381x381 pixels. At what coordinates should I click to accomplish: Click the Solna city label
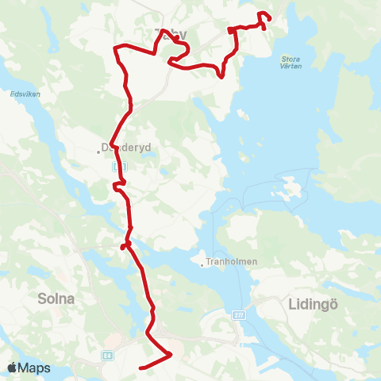pyautogui.click(x=55, y=299)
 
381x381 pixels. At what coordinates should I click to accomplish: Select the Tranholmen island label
pyautogui.click(x=227, y=260)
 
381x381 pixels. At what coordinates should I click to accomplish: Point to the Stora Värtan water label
pyautogui.click(x=296, y=63)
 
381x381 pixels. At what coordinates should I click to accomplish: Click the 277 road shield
pyautogui.click(x=239, y=315)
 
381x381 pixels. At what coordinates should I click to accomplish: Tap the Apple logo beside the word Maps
pyautogui.click(x=13, y=368)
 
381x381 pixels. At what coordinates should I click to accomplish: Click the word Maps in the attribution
pyautogui.click(x=35, y=368)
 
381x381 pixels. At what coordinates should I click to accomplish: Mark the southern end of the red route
pyautogui.click(x=140, y=368)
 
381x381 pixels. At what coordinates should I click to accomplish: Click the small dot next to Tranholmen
pyautogui.click(x=202, y=265)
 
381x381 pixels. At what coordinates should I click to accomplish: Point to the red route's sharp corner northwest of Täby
pyautogui.click(x=116, y=49)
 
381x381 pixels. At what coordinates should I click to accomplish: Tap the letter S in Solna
pyautogui.click(x=40, y=299)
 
